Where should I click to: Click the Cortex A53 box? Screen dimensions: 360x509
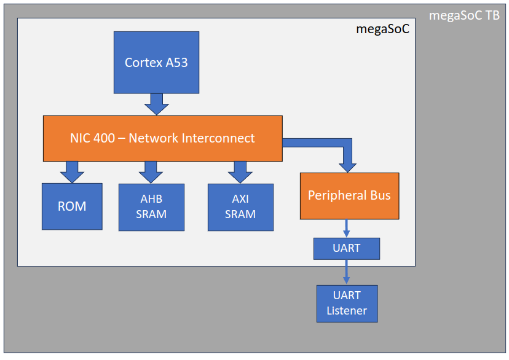156,62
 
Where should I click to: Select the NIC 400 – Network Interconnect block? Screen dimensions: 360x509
162,138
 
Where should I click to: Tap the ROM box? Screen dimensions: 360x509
72,206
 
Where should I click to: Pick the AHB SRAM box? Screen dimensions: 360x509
151,207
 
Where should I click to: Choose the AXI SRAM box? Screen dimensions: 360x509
240,207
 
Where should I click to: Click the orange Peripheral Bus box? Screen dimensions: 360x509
349,196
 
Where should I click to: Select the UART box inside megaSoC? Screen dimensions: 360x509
347,248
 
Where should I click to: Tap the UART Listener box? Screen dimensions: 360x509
347,303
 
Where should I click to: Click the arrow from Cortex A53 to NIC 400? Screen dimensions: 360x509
157,104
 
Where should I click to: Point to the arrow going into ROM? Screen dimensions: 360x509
72,172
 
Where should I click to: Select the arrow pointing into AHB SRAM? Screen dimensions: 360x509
151,172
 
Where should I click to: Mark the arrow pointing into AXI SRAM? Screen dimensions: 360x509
240,172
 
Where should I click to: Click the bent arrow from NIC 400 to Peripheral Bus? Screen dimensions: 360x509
348,154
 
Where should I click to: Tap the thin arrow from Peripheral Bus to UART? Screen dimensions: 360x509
347,228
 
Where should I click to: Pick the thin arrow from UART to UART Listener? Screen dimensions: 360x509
347,272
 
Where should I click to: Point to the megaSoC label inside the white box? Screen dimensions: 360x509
382,29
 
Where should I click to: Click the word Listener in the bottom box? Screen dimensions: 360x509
347,311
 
